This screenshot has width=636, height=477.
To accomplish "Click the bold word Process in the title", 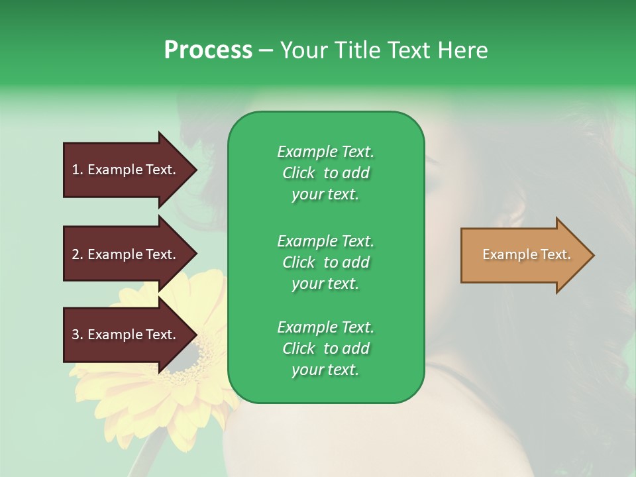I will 208,50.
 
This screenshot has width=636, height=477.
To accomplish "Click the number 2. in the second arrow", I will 78,254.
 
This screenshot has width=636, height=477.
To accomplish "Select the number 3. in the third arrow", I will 78,335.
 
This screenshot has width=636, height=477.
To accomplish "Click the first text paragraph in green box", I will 325,173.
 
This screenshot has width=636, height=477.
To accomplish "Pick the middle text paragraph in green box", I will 325,262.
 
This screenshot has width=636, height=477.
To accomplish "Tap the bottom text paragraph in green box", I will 325,348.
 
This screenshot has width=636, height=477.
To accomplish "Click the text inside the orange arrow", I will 526,254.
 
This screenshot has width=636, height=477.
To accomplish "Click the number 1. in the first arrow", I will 77,170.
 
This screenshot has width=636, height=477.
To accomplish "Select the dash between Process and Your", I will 266,51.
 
